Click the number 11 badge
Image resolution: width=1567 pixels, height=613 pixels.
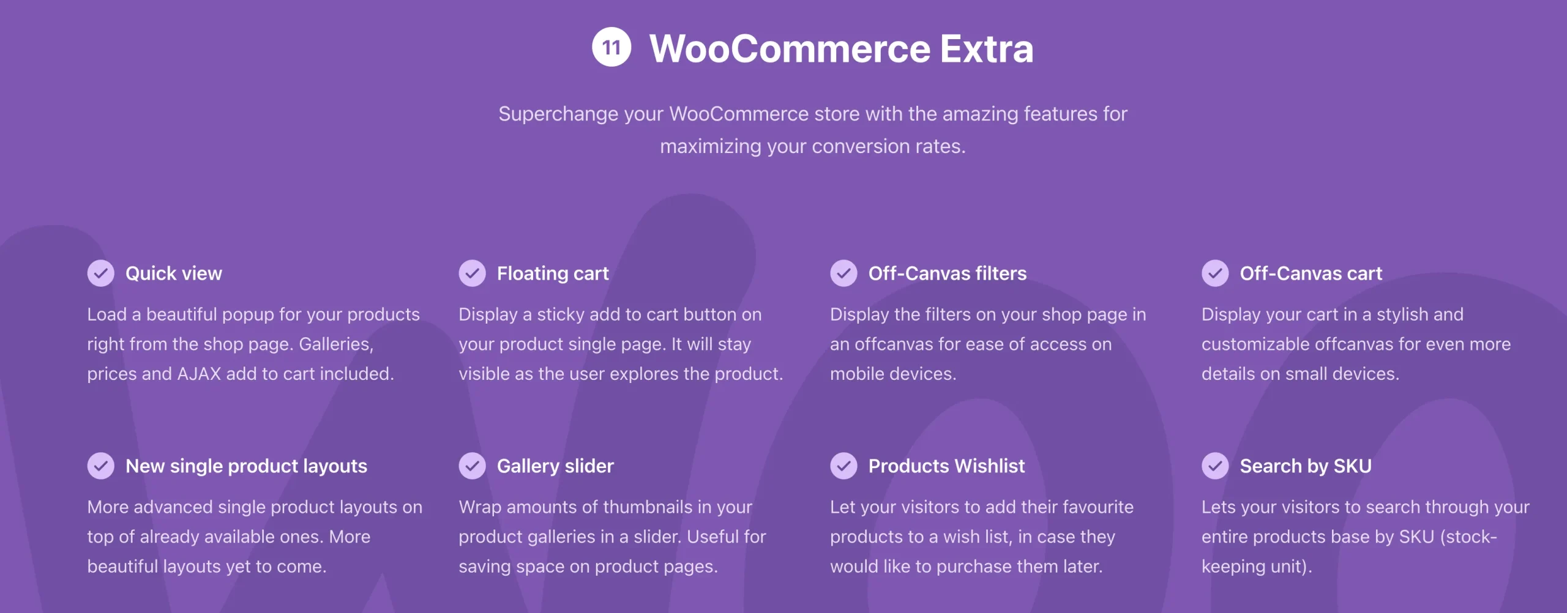pos(611,47)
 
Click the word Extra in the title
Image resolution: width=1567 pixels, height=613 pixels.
pos(987,49)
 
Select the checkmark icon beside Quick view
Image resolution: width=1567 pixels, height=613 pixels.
pos(101,273)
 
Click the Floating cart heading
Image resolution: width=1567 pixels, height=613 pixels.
pos(552,273)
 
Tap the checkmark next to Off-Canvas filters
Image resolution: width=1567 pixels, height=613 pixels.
pos(843,273)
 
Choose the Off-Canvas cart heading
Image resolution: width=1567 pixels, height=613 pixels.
pos(1311,273)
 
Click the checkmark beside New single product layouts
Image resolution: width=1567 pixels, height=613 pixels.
pos(101,466)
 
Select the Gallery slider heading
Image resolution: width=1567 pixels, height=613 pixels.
pos(555,466)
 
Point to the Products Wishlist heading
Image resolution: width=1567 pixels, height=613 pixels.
pos(946,466)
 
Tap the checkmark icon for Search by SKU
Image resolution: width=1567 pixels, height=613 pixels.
pos(1215,466)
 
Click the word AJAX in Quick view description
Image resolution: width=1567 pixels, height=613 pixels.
pos(199,374)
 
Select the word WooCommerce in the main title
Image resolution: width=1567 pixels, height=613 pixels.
pos(790,49)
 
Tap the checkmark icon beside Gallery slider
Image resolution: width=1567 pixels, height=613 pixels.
pos(472,466)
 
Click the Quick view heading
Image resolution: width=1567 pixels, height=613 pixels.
pos(173,273)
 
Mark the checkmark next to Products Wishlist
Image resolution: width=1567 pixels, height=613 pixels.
pos(843,466)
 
